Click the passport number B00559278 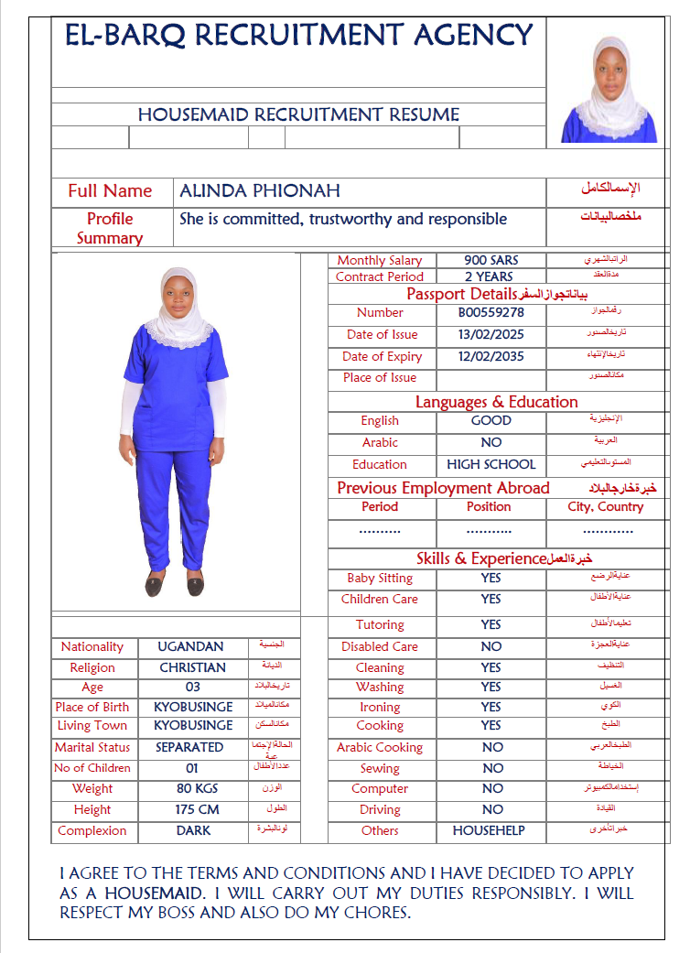coord(491,312)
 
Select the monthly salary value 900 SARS coord(491,260)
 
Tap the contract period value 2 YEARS coord(489,276)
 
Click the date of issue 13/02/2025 coord(491,334)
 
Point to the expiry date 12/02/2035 coord(491,356)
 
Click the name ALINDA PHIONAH coord(260,190)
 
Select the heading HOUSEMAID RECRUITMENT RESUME coord(298,114)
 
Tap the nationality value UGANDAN coord(190,646)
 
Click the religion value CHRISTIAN coord(192,667)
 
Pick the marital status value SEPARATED coord(189,747)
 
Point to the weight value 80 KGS coord(194,788)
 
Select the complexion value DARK coord(193,830)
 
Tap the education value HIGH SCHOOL coord(491,464)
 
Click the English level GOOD coord(491,420)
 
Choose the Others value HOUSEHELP coord(489,830)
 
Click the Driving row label coord(380,809)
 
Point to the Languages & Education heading coord(496,401)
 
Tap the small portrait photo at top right coord(609,89)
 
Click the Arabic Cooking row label coord(380,747)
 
